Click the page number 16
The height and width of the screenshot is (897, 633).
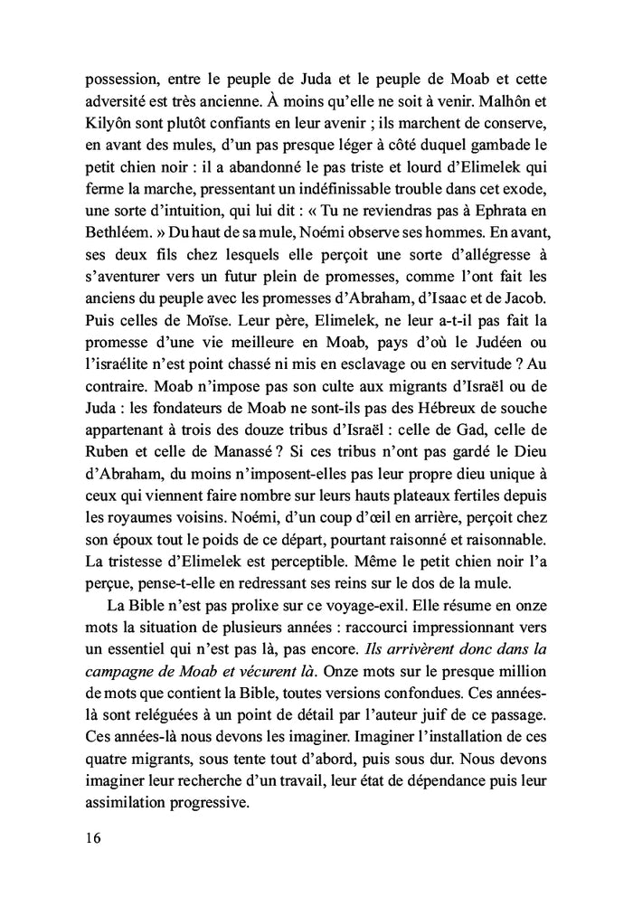(90, 836)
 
